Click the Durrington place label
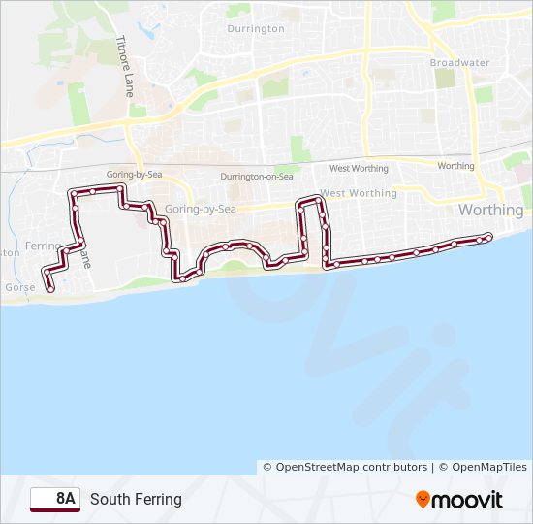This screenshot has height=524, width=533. click(x=255, y=29)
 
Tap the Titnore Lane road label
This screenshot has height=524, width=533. click(x=124, y=68)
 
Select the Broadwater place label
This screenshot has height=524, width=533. click(x=459, y=63)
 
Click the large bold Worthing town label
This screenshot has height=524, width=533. click(x=490, y=210)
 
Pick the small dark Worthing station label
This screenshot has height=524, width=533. click(x=455, y=166)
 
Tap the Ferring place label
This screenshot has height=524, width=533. click(x=42, y=246)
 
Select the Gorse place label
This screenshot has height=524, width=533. click(x=19, y=288)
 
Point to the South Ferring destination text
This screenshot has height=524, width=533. click(x=136, y=500)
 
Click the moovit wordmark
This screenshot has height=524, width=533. click(x=468, y=500)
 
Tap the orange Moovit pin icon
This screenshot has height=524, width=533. click(x=423, y=500)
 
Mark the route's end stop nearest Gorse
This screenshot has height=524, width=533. click(x=49, y=289)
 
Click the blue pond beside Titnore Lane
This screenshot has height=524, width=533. click(x=148, y=30)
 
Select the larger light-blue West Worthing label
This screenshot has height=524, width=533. click(x=359, y=193)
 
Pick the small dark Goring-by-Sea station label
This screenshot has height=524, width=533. click(x=133, y=173)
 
